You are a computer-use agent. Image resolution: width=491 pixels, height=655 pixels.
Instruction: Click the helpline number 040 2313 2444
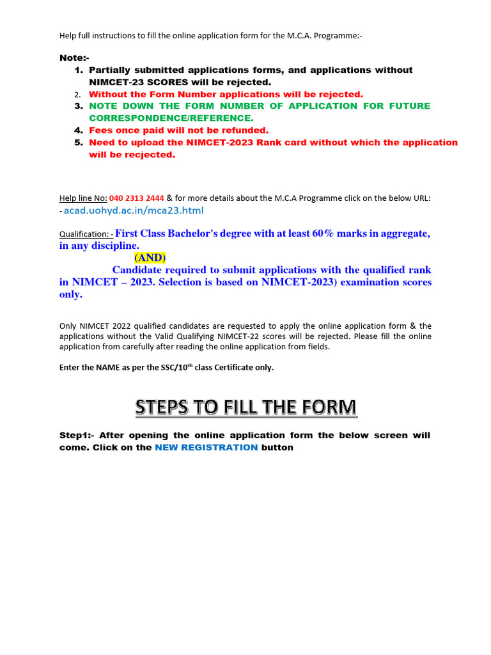click(137, 198)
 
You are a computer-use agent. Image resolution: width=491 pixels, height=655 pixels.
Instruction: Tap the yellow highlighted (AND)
click(150, 257)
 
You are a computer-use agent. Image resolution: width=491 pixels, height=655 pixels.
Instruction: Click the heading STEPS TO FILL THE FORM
click(245, 407)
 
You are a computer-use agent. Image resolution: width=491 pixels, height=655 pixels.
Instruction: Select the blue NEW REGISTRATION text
click(207, 448)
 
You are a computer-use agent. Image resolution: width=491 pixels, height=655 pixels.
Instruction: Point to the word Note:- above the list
click(74, 58)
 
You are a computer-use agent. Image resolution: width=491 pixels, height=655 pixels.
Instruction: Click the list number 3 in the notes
click(79, 106)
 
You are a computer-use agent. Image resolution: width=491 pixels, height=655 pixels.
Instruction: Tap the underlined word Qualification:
click(86, 235)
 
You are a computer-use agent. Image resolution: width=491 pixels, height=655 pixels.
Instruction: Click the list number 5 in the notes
click(79, 143)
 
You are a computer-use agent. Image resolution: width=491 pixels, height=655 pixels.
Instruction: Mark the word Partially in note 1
click(113, 70)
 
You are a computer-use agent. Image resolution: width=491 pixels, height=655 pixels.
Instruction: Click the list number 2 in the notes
click(78, 95)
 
